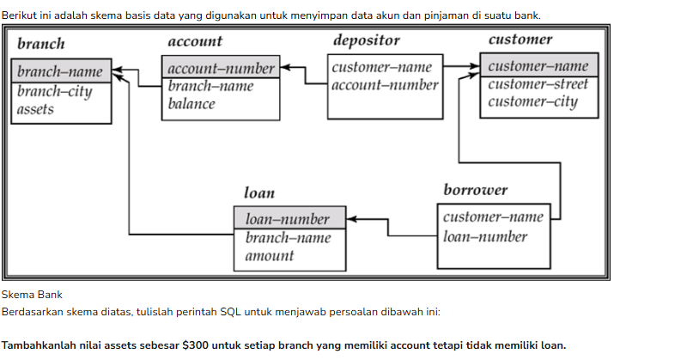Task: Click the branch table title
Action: [x=41, y=44]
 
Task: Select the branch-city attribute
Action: [x=54, y=91]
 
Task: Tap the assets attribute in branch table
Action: [x=35, y=109]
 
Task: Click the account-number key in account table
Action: [x=221, y=68]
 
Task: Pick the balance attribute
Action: [x=191, y=104]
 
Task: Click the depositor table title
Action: [x=367, y=40]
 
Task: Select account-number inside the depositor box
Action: [x=385, y=85]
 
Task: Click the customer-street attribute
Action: [x=538, y=84]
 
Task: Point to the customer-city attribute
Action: [x=532, y=101]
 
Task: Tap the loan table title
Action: [x=259, y=192]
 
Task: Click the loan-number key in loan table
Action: [x=287, y=219]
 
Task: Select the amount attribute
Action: [x=270, y=256]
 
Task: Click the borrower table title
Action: [x=475, y=190]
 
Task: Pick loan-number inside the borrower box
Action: [x=485, y=237]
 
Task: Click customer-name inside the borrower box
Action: [x=493, y=217]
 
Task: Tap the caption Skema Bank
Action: [x=32, y=295]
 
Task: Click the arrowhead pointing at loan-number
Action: [x=351, y=219]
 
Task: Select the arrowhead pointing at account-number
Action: [x=285, y=67]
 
